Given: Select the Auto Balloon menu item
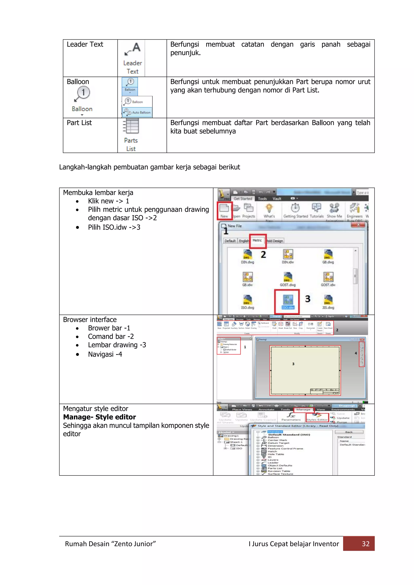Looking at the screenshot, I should point(138,112).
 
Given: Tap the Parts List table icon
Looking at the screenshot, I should point(131,127).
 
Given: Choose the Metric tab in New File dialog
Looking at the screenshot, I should point(258,241).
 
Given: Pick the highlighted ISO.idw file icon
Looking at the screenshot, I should point(288,301).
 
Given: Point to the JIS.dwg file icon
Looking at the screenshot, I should point(328,301).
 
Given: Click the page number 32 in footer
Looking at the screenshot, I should point(365,544).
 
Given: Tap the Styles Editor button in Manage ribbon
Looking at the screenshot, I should point(317,417).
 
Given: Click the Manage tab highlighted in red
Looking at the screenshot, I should point(303,410).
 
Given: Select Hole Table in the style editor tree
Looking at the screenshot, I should point(276,454).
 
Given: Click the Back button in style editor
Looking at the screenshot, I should point(349,432).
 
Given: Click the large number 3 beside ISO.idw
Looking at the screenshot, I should point(308,299).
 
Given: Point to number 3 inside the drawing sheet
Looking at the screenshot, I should point(293,364).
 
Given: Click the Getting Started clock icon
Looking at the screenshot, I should point(295,208).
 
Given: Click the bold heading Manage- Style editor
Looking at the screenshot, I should point(99,417).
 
